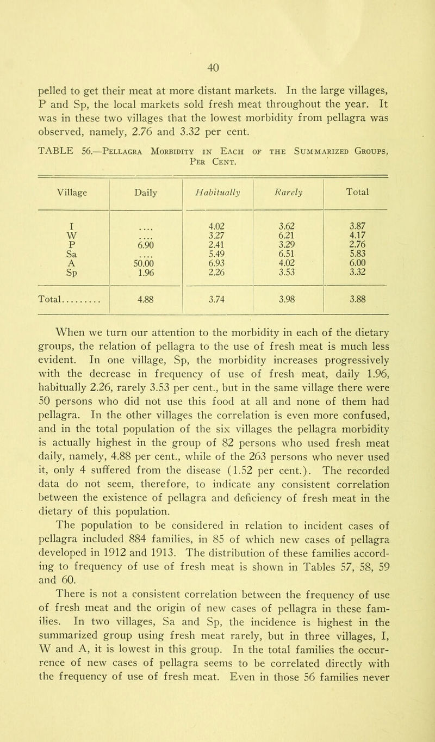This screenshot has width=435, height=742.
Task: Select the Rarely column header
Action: (281, 161)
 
